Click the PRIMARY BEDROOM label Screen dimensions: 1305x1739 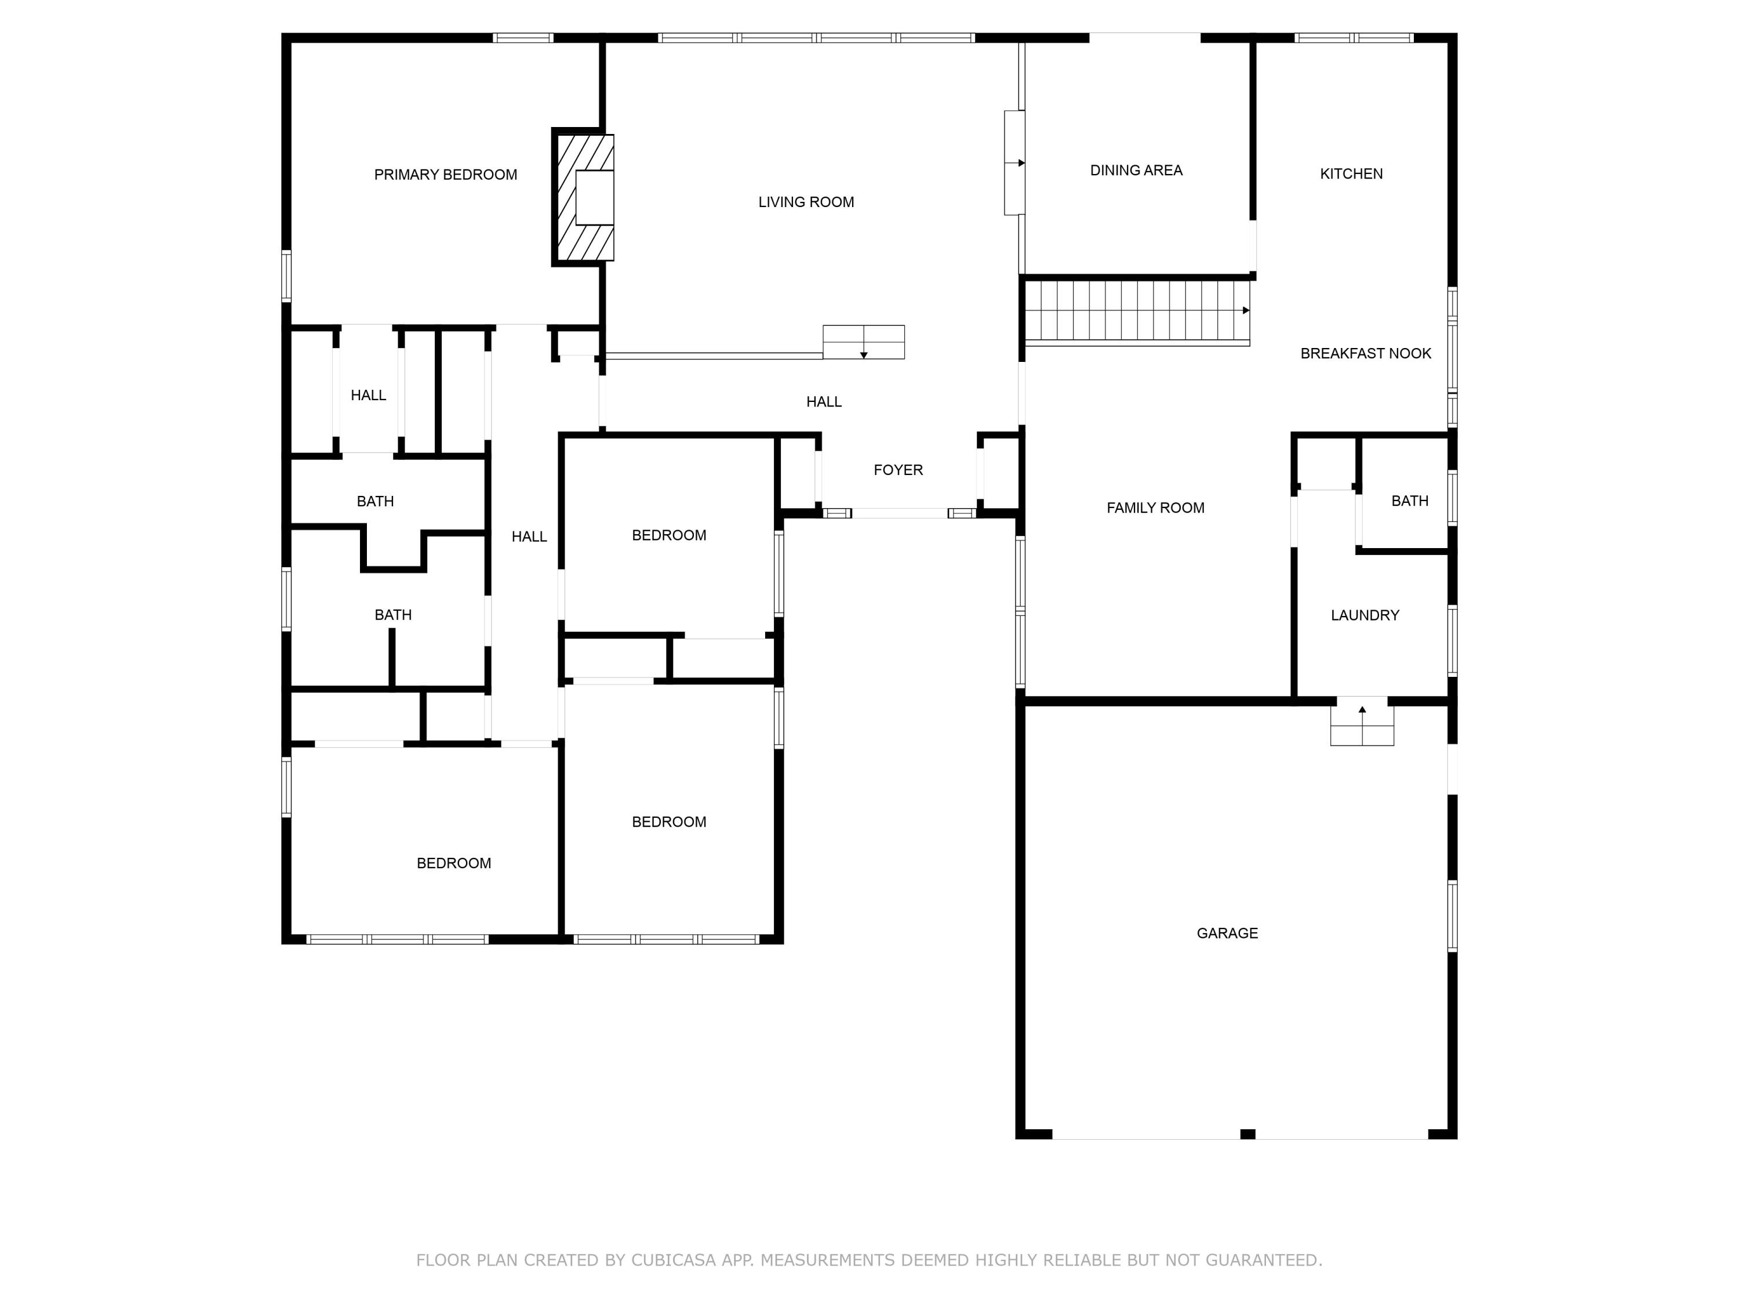click(x=445, y=175)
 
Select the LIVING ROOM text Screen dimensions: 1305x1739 click(x=806, y=202)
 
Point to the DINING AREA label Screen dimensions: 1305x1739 click(x=1136, y=171)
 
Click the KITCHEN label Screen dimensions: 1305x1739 click(x=1351, y=174)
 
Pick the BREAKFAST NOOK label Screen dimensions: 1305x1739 click(x=1366, y=354)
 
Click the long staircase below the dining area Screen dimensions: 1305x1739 click(x=1137, y=311)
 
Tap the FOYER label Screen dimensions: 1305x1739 click(x=898, y=470)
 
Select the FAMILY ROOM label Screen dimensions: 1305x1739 click(x=1155, y=508)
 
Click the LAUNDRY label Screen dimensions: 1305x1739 click(x=1365, y=616)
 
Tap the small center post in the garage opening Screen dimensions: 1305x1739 click(x=1247, y=1133)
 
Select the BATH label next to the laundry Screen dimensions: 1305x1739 click(x=1410, y=501)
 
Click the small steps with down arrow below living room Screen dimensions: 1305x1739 click(x=863, y=342)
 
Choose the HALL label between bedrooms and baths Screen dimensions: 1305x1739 click(x=529, y=537)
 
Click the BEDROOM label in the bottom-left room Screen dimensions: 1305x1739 click(x=454, y=864)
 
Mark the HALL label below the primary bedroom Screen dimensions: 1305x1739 click(x=368, y=396)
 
